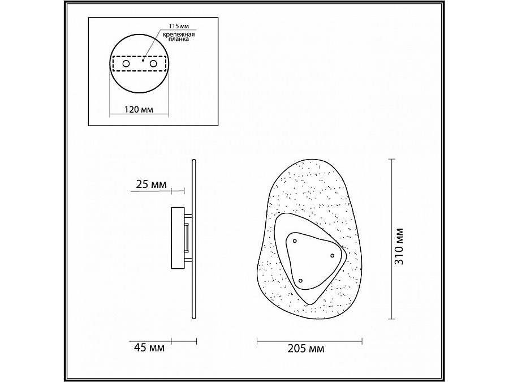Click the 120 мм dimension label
click(x=139, y=109)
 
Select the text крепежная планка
click(x=178, y=37)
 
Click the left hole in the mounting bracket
click(x=126, y=63)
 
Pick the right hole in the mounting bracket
click(x=153, y=63)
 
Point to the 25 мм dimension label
click(x=151, y=184)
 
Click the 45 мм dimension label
click(x=149, y=348)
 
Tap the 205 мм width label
click(x=306, y=349)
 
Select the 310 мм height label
click(x=399, y=246)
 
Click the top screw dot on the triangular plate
click(x=295, y=241)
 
